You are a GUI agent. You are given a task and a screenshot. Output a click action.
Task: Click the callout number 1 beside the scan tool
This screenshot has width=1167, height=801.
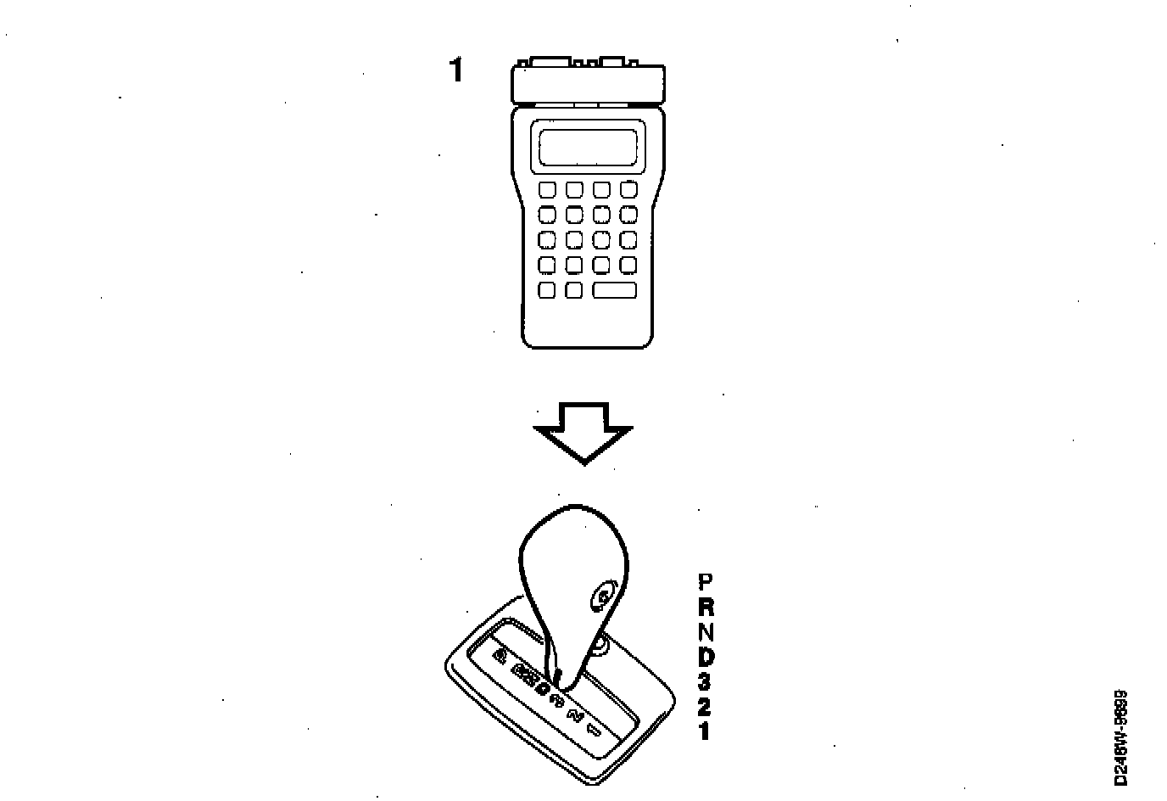[x=456, y=70]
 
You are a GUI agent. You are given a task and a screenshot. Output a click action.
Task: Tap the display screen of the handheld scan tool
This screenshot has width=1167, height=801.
[x=587, y=148]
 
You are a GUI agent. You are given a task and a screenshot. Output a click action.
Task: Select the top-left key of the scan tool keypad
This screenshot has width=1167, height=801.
[x=547, y=190]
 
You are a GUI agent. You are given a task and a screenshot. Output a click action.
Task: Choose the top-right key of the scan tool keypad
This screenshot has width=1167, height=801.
[x=628, y=190]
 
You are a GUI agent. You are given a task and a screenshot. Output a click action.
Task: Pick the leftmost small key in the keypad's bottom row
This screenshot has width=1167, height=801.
[x=547, y=290]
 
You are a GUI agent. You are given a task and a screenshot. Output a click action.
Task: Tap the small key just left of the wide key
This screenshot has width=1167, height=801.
[x=574, y=290]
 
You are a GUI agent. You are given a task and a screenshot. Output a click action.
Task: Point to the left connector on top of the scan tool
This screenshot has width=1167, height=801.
[x=548, y=62]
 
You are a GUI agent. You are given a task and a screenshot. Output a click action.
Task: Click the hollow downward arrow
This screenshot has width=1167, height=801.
[x=583, y=432]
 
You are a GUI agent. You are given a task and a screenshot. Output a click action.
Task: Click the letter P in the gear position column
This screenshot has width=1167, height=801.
[x=705, y=582]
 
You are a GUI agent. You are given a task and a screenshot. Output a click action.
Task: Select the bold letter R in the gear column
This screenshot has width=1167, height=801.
[x=705, y=607]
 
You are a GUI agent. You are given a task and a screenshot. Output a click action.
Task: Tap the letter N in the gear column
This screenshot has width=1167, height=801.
[x=705, y=632]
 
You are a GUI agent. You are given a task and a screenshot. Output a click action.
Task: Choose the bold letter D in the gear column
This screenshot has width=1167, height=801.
[x=705, y=657]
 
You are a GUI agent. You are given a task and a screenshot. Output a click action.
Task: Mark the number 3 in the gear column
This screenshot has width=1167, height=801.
[x=705, y=681]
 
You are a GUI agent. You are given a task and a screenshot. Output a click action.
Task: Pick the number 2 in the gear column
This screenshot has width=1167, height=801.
[x=705, y=706]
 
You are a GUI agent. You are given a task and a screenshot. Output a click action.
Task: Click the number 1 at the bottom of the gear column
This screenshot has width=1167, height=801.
[x=705, y=731]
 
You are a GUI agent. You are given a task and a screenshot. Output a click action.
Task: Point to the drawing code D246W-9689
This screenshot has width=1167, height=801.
[x=1120, y=737]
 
